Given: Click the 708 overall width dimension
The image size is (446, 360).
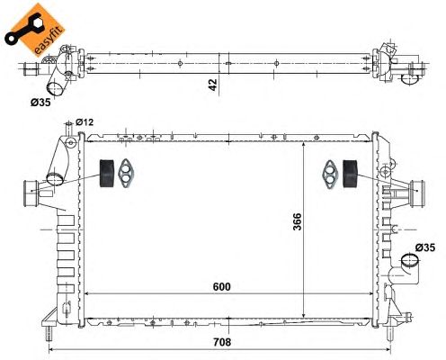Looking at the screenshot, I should click(219, 343).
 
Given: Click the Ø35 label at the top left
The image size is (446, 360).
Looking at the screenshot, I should click(40, 103).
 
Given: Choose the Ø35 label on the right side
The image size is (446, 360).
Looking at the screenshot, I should click(424, 247).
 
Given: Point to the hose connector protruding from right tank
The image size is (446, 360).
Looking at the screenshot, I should click(415, 189).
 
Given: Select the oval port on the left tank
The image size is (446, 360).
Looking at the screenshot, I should click(56, 179).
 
